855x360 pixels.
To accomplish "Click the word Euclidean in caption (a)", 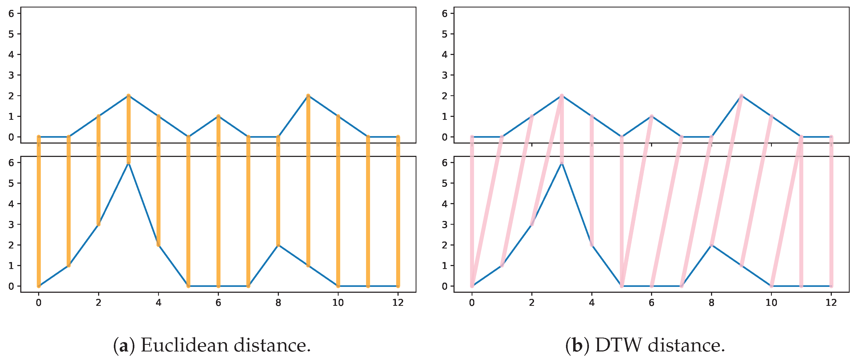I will click(x=184, y=345).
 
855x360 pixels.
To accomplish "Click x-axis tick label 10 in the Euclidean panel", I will click(x=338, y=303).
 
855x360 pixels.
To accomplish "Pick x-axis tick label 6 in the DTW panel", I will click(x=652, y=303).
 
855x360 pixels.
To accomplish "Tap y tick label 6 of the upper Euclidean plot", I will click(x=11, y=14).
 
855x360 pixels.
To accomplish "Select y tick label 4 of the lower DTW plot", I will click(x=444, y=204).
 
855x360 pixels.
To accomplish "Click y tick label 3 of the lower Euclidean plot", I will click(x=11, y=224).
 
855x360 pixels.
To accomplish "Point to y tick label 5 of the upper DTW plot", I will click(x=444, y=34).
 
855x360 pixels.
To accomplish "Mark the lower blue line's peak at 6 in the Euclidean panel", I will click(x=129, y=163).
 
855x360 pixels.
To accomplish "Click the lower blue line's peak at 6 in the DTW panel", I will click(x=561, y=163).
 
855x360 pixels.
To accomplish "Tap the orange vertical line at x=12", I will click(x=398, y=212).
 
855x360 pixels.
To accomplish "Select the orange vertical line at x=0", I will click(x=39, y=212).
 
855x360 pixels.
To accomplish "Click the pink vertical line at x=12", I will click(x=831, y=212).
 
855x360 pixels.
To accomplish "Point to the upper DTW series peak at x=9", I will click(x=741, y=96).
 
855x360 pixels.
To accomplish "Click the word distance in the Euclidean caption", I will click(x=272, y=345).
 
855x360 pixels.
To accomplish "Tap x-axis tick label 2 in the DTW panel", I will click(x=532, y=303).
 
